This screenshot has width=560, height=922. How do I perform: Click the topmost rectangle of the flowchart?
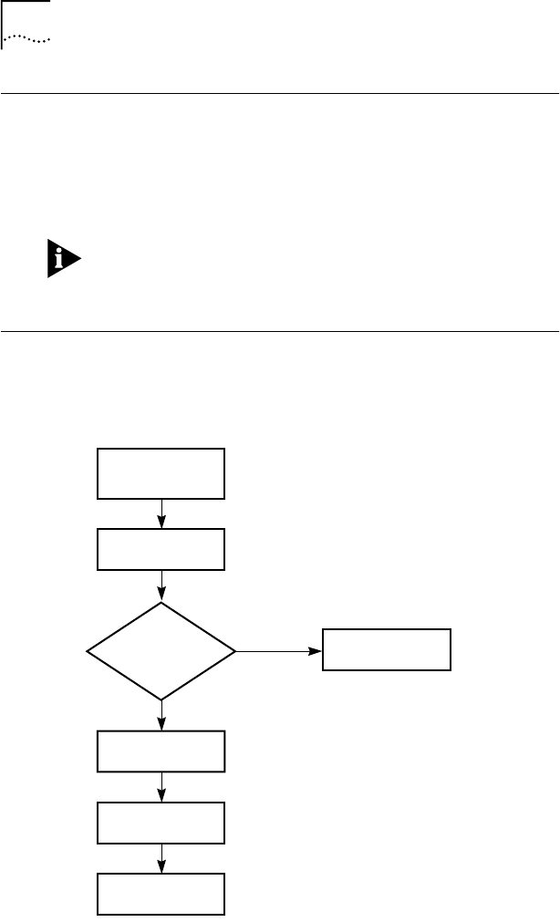coord(161,473)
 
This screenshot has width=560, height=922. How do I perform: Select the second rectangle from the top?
coord(161,550)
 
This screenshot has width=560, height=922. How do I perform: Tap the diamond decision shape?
coord(161,651)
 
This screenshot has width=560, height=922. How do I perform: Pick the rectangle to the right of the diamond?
coord(387,650)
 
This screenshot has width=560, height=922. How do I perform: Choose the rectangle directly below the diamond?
coord(161,751)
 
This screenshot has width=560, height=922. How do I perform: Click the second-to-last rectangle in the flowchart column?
coord(161,823)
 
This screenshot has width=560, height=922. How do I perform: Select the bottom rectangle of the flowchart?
coord(161,894)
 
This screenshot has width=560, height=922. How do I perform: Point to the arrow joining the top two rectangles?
coord(161,514)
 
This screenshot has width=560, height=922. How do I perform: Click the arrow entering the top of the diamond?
coord(161,586)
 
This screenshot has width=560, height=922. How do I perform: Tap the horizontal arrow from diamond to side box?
coord(279,651)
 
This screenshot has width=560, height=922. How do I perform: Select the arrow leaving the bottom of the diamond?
coord(161,716)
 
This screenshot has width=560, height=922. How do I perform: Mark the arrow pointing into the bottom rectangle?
coord(161,858)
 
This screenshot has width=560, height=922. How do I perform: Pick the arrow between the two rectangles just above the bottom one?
coord(161,787)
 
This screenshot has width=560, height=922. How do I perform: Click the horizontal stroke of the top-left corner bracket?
coord(26,2)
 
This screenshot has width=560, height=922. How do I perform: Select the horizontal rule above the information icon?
coord(279,93)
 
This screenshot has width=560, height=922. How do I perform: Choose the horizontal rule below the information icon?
coord(279,331)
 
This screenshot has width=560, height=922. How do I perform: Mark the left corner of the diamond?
coord(88,651)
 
